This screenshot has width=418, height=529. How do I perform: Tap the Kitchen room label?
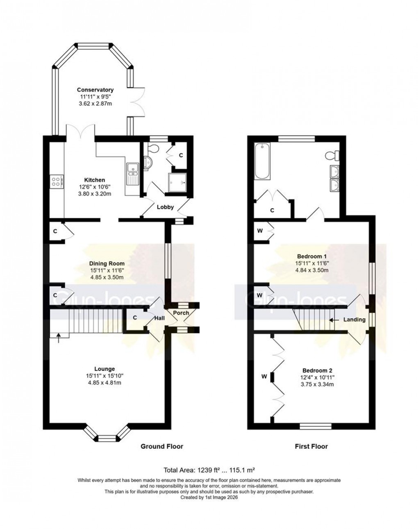pyautogui.click(x=95, y=180)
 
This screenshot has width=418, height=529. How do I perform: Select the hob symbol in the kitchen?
pyautogui.click(x=57, y=181)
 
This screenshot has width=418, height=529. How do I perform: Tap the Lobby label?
pyautogui.click(x=166, y=207)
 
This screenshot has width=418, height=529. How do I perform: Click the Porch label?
pyautogui.click(x=181, y=313)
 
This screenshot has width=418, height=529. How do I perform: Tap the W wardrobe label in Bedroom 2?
pyautogui.click(x=264, y=376)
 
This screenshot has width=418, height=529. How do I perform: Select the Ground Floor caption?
pyautogui.click(x=162, y=446)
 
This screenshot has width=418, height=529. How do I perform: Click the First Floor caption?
pyautogui.click(x=311, y=446)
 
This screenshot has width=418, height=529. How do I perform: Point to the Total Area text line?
pyautogui.click(x=209, y=470)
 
